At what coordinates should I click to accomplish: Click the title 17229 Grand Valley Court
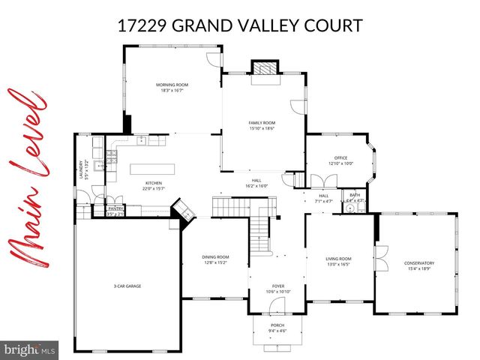coord(240,26)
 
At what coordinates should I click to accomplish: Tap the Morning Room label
coord(172,87)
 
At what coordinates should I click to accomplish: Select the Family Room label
coord(262,124)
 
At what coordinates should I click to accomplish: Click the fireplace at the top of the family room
coord(263,68)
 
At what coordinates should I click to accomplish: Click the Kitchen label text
coord(154,184)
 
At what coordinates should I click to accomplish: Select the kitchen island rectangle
coord(152,167)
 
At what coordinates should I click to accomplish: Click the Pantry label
coord(115,211)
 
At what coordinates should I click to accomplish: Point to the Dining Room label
coord(215,260)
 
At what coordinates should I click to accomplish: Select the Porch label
coord(277,328)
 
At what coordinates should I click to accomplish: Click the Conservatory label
coord(418,265)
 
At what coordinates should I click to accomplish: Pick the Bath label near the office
coord(355,197)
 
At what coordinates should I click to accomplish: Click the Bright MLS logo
coord(31,349)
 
